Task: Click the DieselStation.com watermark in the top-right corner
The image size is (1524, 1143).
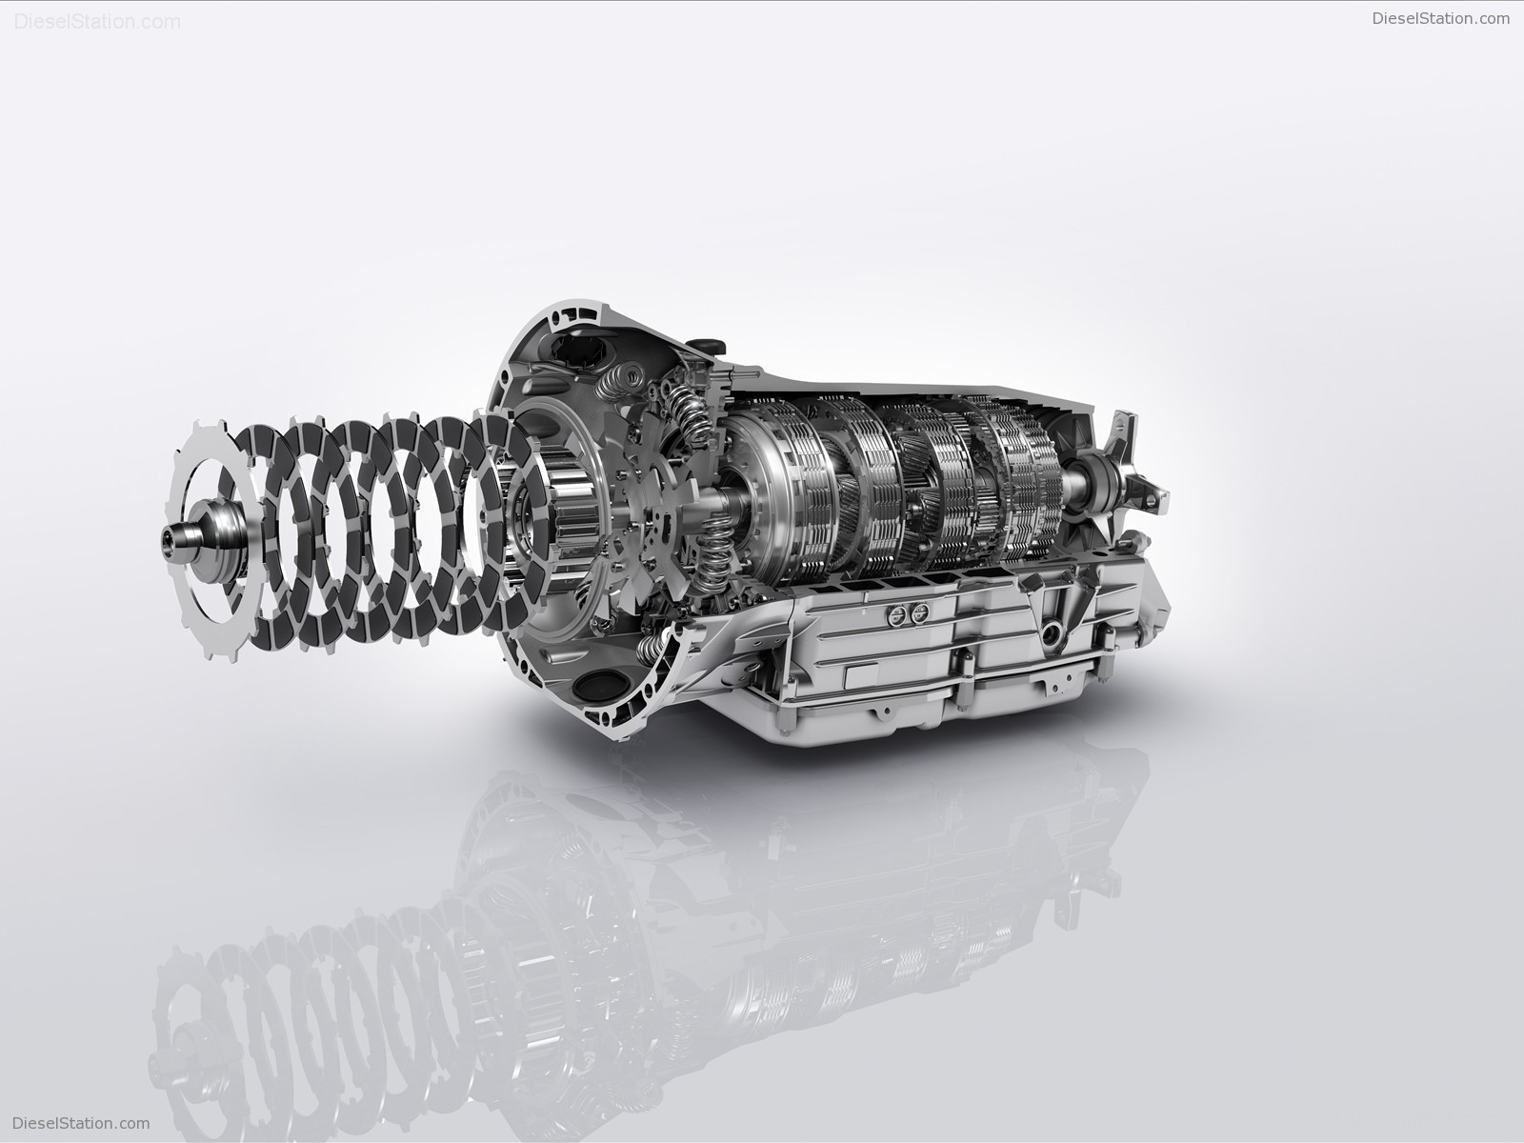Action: pyautogui.click(x=1441, y=19)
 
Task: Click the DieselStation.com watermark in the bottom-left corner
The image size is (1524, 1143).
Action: pyautogui.click(x=81, y=1123)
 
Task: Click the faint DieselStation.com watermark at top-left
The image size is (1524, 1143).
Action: pyautogui.click(x=97, y=22)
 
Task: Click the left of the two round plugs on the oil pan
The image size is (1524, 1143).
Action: pyautogui.click(x=899, y=612)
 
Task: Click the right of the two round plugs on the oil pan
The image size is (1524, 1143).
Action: pyautogui.click(x=920, y=612)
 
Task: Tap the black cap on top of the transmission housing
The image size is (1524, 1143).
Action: pyautogui.click(x=706, y=347)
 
